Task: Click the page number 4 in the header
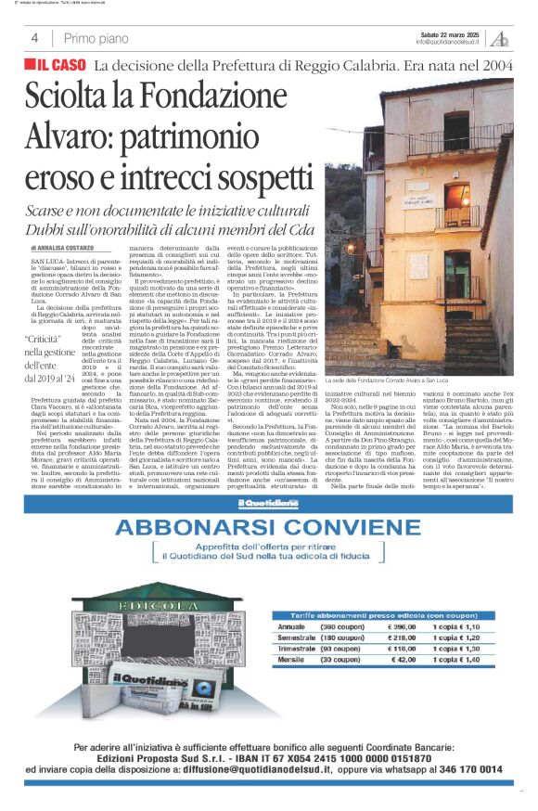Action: [34, 38]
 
